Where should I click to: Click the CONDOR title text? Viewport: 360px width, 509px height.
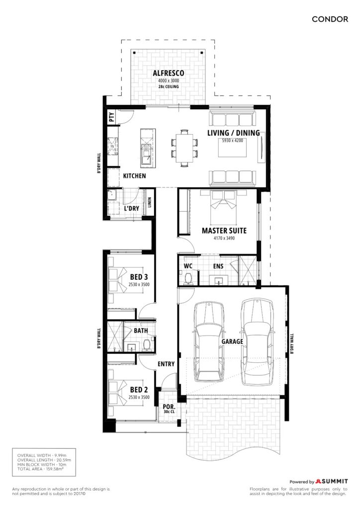[x=330, y=19]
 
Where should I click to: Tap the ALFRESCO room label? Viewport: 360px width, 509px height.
[x=169, y=74]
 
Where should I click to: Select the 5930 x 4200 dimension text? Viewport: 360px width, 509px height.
[x=232, y=141]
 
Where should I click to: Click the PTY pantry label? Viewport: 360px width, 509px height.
[x=112, y=117]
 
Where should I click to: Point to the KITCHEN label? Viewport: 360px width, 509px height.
[x=134, y=176]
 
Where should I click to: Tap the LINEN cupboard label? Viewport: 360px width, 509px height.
[x=150, y=203]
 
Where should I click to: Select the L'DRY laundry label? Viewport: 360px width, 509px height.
[x=131, y=208]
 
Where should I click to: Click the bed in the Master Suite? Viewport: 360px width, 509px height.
[x=224, y=207]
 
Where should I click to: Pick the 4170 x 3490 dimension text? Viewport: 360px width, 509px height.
[x=224, y=238]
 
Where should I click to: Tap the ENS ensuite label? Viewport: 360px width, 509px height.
[x=218, y=266]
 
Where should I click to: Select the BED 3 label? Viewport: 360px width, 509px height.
[x=139, y=277]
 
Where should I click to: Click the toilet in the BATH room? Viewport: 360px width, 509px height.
[x=147, y=345]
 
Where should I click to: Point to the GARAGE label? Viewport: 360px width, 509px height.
[x=232, y=341]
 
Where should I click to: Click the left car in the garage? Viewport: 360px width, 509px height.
[x=209, y=342]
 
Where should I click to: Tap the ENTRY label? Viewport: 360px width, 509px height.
[x=166, y=364]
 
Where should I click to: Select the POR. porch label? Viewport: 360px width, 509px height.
[x=169, y=407]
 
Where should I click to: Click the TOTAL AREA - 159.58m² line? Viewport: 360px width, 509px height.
[x=40, y=469]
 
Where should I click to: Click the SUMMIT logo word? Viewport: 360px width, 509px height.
[x=335, y=481]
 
